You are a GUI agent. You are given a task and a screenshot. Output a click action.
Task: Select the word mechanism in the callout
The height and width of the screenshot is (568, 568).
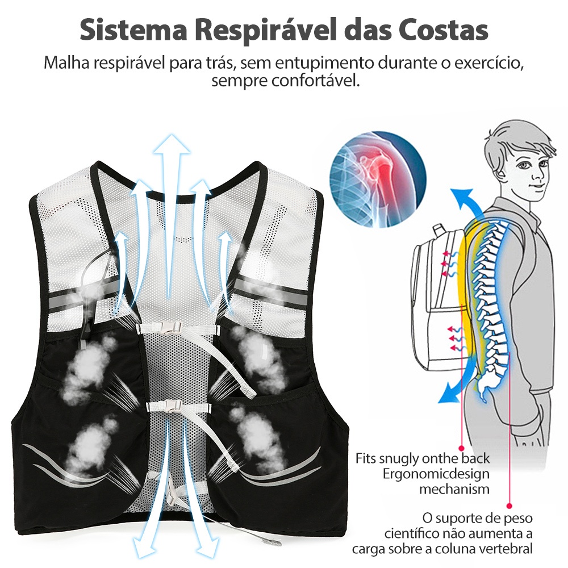[x=454, y=488]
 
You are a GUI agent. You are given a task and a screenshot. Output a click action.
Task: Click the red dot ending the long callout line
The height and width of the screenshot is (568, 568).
[x=509, y=504]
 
